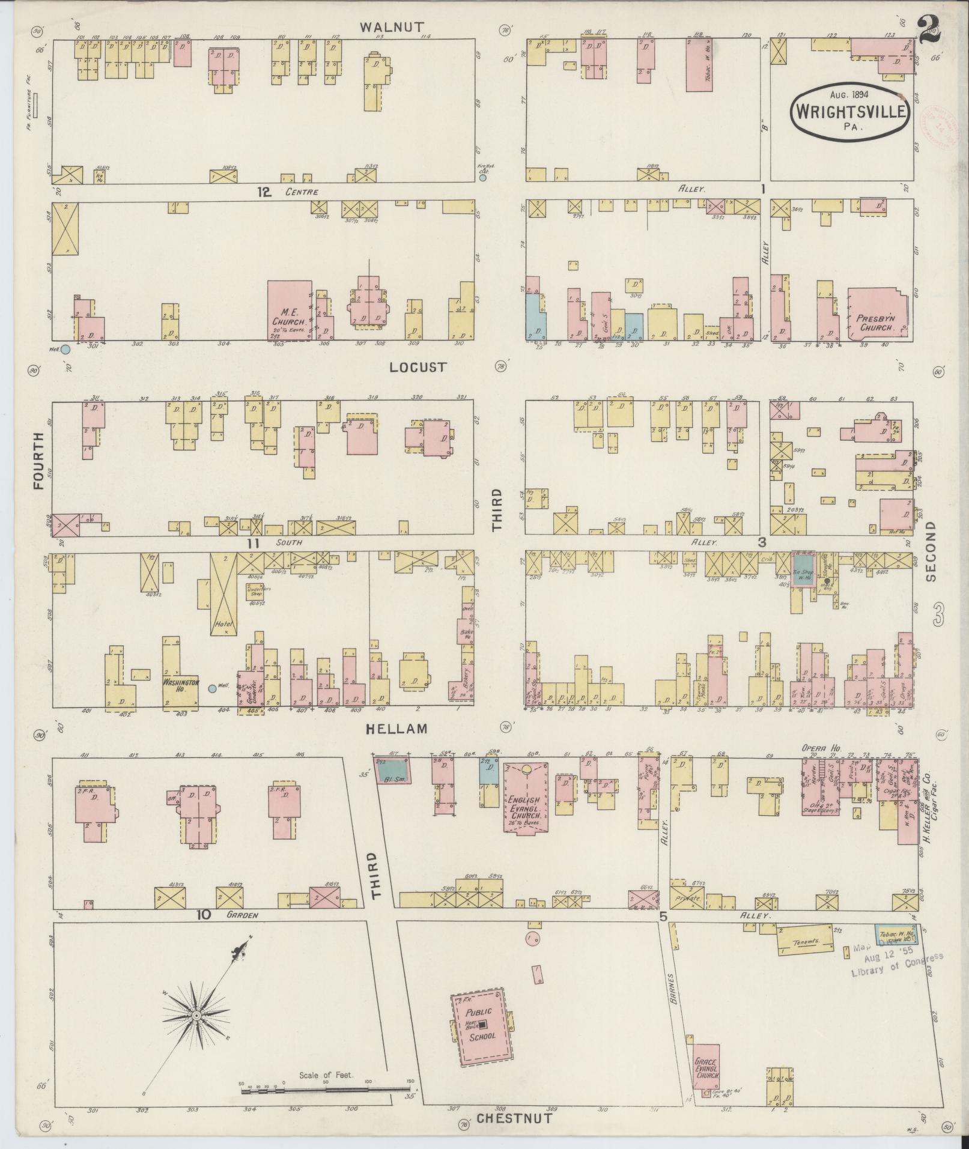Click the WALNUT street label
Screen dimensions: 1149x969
(392, 27)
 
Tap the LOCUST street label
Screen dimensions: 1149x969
(418, 367)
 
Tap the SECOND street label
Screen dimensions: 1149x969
(931, 551)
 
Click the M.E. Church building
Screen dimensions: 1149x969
(289, 311)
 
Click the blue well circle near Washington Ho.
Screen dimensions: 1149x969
(212, 689)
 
